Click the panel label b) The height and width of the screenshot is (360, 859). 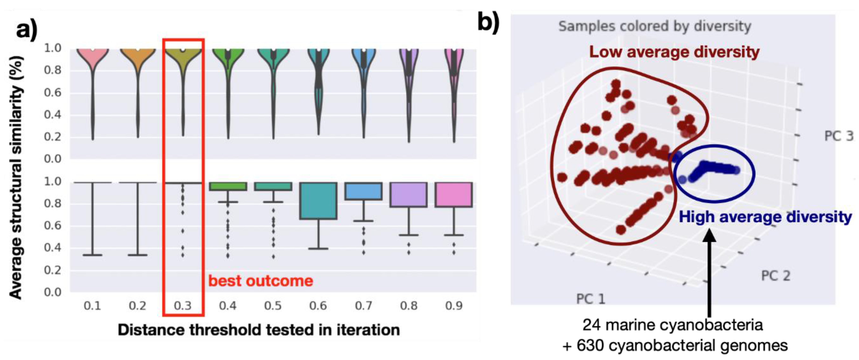tap(488, 23)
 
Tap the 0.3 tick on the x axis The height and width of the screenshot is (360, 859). tap(183, 305)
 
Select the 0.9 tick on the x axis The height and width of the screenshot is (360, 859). tap(454, 305)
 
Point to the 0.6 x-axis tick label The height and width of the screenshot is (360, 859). tap(318, 305)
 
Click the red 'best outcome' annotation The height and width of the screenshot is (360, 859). tap(261, 281)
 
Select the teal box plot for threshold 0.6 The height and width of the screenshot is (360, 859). tap(318, 201)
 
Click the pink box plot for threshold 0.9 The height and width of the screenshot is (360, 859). tap(454, 195)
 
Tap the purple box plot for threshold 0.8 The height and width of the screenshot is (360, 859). tap(409, 195)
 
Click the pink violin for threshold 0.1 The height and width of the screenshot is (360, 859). tap(92, 60)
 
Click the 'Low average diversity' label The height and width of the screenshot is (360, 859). tap(674, 52)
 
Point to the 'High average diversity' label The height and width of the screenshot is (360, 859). tap(765, 217)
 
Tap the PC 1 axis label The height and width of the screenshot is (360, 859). tap(590, 299)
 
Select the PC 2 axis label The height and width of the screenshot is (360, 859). tap(775, 276)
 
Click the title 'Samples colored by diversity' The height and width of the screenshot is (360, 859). tap(655, 26)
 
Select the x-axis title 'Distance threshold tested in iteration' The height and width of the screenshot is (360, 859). tap(259, 330)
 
